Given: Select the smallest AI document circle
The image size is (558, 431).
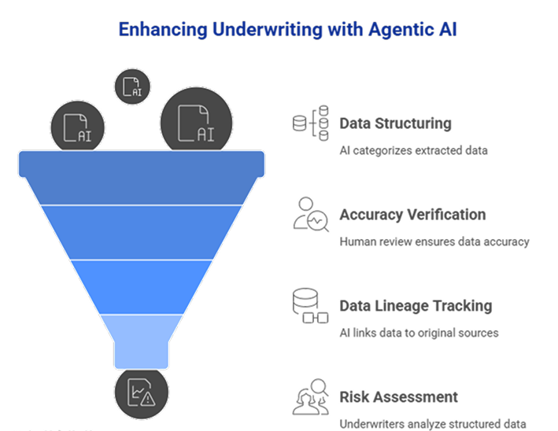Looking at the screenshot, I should [131, 86].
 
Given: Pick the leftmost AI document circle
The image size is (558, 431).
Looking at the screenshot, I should [77, 127].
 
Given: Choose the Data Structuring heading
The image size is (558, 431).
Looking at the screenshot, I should [395, 123].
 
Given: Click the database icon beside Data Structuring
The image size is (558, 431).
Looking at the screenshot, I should [310, 123].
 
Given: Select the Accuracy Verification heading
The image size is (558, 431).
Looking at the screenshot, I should [412, 215].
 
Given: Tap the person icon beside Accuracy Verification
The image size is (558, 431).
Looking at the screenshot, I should [310, 215].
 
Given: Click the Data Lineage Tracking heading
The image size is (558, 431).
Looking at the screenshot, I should [416, 306].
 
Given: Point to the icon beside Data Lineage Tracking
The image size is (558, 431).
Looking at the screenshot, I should [310, 306].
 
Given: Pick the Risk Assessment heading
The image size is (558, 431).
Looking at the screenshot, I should [398, 397].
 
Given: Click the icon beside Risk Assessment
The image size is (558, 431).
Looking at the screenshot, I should [310, 397].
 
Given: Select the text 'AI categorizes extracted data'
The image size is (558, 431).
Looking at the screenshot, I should [414, 150].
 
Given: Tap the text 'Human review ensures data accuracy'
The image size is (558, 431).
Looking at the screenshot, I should [434, 241].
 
